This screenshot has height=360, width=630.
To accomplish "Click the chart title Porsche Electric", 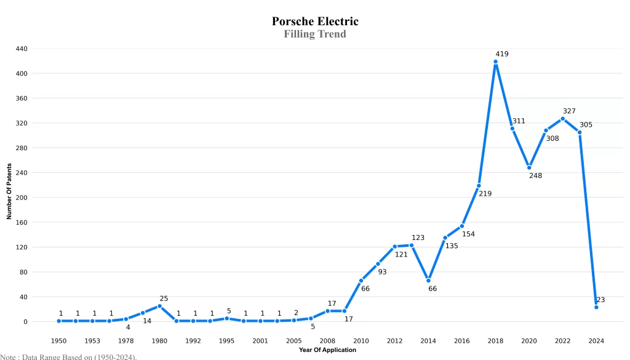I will pyautogui.click(x=315, y=22).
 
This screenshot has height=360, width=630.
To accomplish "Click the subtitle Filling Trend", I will pyautogui.click(x=315, y=34).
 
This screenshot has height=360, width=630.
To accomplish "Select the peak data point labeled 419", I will pyautogui.click(x=495, y=62).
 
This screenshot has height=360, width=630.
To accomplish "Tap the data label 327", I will pyautogui.click(x=569, y=111).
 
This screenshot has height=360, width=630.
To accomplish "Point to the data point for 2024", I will pyautogui.click(x=596, y=307).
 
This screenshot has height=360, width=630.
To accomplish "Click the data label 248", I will pyautogui.click(x=535, y=176).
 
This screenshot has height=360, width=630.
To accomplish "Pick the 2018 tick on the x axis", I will pyautogui.click(x=495, y=341).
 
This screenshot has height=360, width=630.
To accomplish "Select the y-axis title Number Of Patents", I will pyautogui.click(x=9, y=191).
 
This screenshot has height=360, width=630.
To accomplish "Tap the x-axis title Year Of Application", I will pyautogui.click(x=327, y=350).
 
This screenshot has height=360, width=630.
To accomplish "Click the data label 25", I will pyautogui.click(x=164, y=298).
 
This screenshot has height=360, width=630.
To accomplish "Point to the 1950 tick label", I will pyautogui.click(x=59, y=341).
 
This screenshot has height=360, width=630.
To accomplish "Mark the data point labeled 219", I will pyautogui.click(x=479, y=186).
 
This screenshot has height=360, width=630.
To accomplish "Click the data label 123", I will pyautogui.click(x=418, y=238).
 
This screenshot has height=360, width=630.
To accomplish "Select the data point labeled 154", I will pyautogui.click(x=462, y=226).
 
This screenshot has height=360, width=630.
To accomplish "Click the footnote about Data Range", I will pyautogui.click(x=68, y=356).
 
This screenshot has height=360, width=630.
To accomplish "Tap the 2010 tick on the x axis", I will pyautogui.click(x=361, y=341).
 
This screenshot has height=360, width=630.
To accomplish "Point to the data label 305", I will pyautogui.click(x=586, y=125).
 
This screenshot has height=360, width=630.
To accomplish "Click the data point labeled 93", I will pyautogui.click(x=378, y=264).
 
